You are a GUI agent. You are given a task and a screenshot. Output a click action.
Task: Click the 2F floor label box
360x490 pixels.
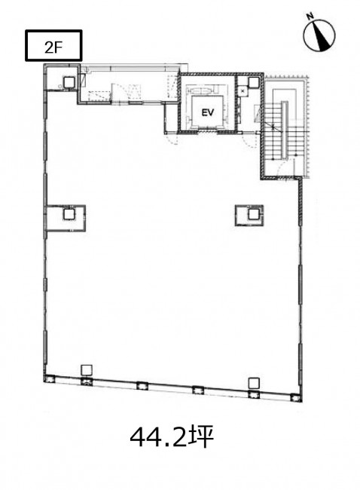[53, 45]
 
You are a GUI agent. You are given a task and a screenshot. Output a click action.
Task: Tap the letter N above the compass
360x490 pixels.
[310, 17]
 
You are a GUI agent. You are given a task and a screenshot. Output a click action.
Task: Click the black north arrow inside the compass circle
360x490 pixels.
[322, 37]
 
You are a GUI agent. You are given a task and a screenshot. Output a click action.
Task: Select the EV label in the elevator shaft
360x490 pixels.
[208, 113]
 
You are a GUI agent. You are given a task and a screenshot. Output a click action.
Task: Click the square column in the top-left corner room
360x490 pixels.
[69, 82]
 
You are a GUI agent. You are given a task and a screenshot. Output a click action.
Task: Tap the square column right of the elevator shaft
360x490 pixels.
[253, 82]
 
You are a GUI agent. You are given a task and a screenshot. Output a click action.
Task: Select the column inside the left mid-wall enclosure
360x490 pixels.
[69, 214]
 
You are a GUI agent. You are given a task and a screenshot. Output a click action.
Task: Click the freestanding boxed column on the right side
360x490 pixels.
[254, 214]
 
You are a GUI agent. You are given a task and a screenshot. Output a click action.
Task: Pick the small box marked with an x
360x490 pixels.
[243, 91]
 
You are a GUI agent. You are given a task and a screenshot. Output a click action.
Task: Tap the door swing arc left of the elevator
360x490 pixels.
[172, 139]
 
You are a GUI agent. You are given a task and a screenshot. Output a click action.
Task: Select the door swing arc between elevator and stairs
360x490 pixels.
[250, 142]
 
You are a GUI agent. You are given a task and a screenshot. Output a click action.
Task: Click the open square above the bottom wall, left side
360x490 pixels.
[87, 370]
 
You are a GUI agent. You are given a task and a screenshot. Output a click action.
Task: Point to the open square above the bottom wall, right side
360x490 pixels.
[254, 383]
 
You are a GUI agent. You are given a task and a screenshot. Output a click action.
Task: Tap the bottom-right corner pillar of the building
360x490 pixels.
[296, 398]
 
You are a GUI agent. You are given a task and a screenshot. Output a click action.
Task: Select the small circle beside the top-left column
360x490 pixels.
[60, 87]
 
